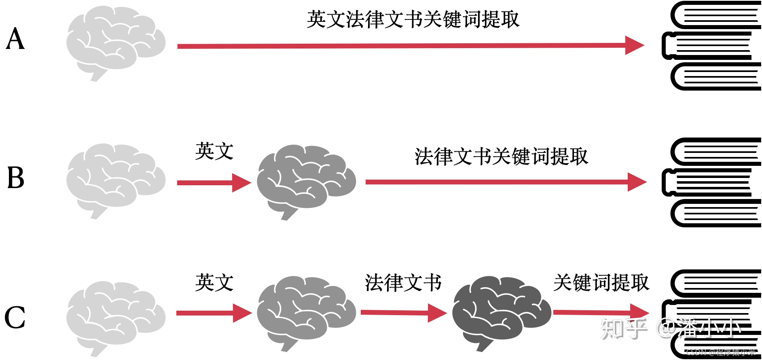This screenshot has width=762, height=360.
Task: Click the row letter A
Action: click(15, 39)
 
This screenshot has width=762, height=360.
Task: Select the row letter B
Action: click(16, 178)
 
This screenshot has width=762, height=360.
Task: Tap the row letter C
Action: click(15, 318)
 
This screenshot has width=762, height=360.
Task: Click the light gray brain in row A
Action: click(116, 42)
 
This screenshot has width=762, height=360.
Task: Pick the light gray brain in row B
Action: click(116, 180)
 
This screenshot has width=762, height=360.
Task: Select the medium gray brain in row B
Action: click(306, 181)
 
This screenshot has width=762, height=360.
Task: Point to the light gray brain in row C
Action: click(116, 317)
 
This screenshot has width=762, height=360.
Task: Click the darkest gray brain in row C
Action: click(502, 312)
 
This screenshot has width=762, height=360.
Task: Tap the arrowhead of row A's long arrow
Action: click(634, 45)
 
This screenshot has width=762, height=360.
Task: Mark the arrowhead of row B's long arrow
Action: click(637, 182)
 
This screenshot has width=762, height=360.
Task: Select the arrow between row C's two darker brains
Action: click(403, 313)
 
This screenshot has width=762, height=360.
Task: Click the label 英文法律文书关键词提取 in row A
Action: click(413, 19)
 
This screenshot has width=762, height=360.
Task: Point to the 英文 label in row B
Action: click(214, 151)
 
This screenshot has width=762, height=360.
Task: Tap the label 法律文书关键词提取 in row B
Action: click(501, 157)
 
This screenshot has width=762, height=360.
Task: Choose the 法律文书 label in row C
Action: click(403, 282)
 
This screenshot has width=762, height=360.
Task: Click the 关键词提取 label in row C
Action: click(601, 282)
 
